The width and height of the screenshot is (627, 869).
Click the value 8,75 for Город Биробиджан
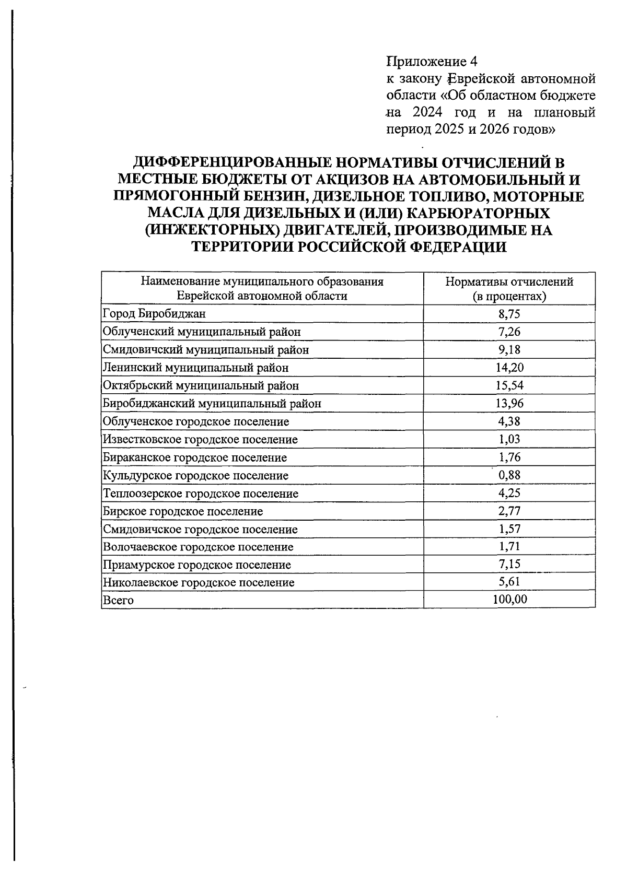[509, 314]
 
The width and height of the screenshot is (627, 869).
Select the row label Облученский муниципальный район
[202, 332]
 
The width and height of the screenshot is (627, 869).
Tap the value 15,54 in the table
[509, 385]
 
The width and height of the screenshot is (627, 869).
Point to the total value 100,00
[509, 600]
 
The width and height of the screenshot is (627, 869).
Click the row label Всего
[118, 600]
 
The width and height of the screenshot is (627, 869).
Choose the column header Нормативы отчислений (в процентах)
[509, 289]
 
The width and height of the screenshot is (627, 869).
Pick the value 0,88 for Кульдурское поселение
[509, 475]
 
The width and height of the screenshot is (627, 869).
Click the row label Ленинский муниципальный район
[195, 368]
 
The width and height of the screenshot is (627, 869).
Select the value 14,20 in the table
[509, 368]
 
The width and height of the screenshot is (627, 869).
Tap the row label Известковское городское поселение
[200, 440]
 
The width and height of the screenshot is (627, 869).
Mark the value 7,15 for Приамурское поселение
[509, 564]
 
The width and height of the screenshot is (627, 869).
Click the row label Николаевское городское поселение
[199, 582]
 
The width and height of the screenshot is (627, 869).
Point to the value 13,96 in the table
[509, 403]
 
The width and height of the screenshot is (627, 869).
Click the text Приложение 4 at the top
[432, 62]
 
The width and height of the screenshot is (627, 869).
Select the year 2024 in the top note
[427, 112]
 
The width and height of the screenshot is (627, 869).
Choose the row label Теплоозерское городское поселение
[201, 494]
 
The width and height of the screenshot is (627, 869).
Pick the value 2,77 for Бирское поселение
[509, 511]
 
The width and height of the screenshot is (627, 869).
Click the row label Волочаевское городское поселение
[198, 547]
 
